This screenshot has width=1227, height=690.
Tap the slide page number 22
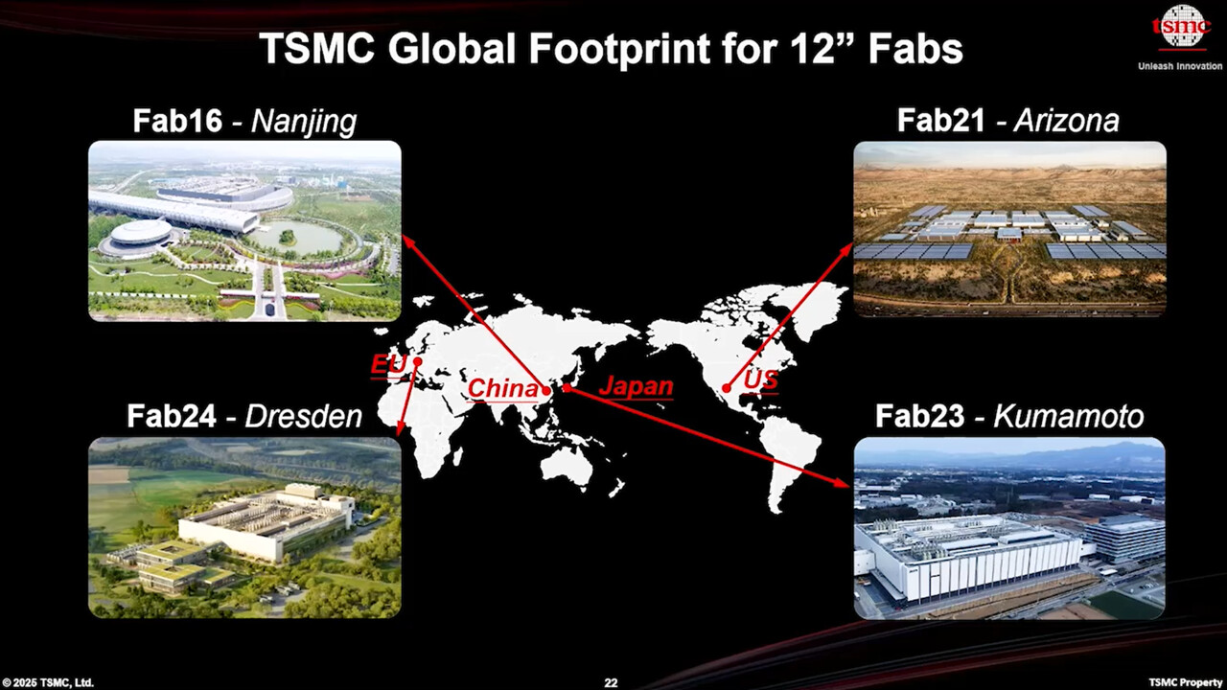[611, 682]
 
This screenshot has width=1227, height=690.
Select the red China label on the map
[502, 389]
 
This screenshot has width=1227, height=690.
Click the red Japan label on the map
[636, 386]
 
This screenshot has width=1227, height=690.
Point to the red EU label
[388, 365]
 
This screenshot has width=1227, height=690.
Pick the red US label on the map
[760, 380]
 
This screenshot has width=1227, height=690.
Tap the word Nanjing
[303, 122]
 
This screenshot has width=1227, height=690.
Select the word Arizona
[1066, 121]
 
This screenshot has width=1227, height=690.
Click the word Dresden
[303, 416]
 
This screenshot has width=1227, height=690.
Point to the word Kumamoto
[1068, 417]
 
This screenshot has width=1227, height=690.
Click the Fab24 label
[172, 416]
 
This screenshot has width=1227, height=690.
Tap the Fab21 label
[941, 121]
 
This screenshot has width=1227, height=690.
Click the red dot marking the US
[728, 388]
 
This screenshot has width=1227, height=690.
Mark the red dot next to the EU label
[418, 362]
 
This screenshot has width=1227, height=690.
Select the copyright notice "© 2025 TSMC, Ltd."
[48, 682]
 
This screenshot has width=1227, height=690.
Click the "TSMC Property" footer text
[1186, 682]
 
